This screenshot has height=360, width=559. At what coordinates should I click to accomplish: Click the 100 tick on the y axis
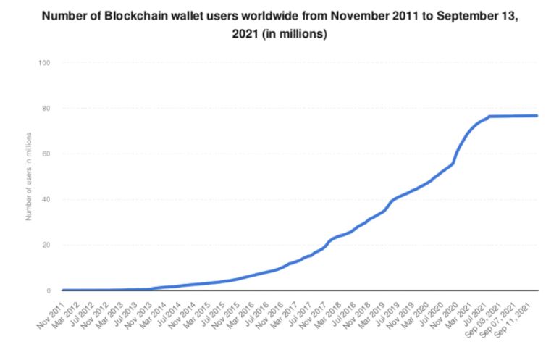[44, 63]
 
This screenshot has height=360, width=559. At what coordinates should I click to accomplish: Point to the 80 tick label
[46, 108]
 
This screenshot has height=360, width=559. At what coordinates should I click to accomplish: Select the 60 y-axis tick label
[46, 154]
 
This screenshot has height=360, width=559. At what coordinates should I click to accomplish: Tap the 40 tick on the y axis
[46, 199]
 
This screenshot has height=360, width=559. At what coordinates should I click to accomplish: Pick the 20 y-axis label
[46, 245]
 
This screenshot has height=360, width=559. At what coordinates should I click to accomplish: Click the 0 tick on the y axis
[49, 290]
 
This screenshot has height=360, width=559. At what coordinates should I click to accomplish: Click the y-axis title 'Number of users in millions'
[28, 177]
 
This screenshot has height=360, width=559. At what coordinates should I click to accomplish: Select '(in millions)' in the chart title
[294, 34]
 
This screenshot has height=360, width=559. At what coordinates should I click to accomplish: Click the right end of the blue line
[537, 116]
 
